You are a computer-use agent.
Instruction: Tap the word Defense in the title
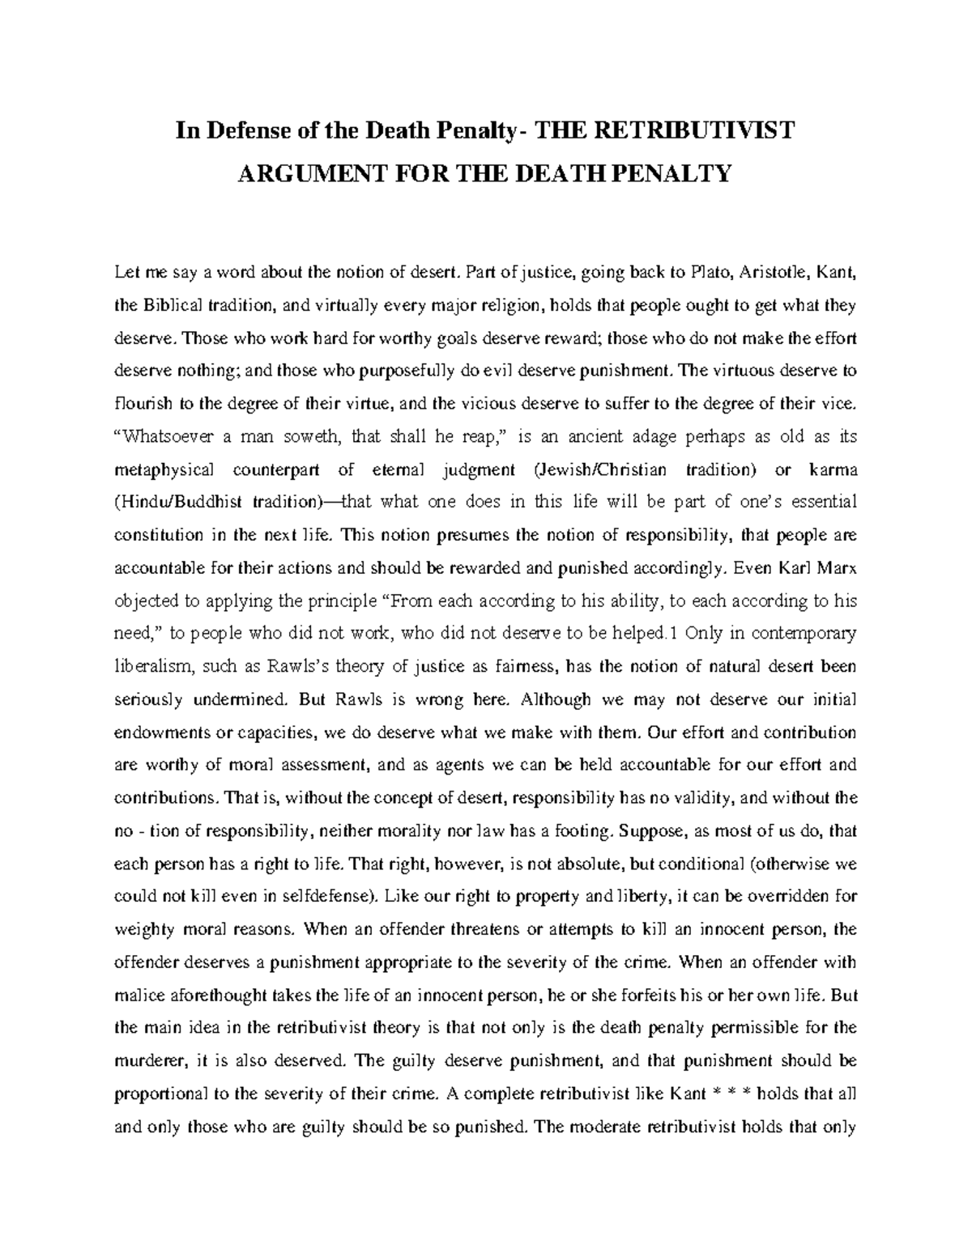248,130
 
